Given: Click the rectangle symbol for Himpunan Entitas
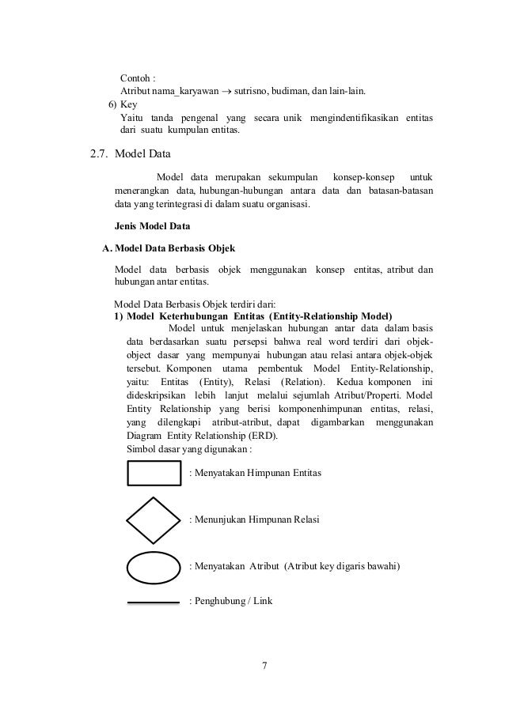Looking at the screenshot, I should [154, 473].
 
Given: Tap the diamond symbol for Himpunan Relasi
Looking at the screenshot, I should [154, 520].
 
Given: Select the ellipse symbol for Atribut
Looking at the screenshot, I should [154, 567].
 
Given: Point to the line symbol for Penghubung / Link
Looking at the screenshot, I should [154, 603].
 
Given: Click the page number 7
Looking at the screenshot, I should [264, 663].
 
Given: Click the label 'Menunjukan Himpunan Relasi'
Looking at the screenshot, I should [259, 519].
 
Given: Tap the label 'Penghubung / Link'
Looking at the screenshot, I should [233, 602].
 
